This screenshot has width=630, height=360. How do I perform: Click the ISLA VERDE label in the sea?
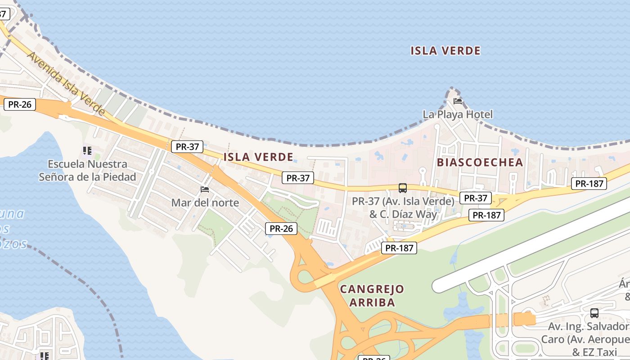[x=445, y=51]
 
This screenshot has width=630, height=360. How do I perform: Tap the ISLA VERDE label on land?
[x=258, y=157]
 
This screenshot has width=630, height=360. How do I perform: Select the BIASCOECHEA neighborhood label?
[x=480, y=162]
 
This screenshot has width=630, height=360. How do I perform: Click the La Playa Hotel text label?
[x=458, y=114]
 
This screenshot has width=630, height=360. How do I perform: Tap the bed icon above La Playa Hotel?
[x=458, y=101]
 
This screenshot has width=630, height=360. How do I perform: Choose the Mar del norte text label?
[x=205, y=202]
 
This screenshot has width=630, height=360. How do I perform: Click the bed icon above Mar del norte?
[x=205, y=189]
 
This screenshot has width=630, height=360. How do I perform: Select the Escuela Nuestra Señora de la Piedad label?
[x=87, y=171]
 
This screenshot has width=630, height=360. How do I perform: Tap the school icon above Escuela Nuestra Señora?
[x=87, y=150]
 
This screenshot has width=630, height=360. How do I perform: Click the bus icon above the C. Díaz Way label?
[x=403, y=188]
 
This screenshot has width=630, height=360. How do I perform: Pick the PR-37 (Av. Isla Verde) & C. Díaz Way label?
[x=403, y=207]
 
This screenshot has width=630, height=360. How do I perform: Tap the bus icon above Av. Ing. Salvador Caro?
[x=594, y=313]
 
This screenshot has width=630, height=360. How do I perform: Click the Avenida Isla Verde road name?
[x=66, y=83]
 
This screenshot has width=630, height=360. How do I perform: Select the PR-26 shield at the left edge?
[x=20, y=104]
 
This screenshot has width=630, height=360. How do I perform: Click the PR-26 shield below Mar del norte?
[x=281, y=229]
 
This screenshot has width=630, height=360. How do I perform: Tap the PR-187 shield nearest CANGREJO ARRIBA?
[x=399, y=247]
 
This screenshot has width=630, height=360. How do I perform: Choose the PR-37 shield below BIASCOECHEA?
[x=476, y=198]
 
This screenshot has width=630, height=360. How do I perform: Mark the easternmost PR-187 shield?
[x=589, y=183]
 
